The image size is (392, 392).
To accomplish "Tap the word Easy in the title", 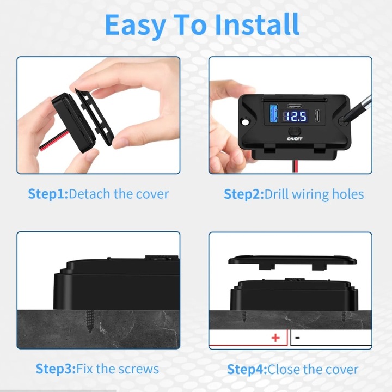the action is pyautogui.click(x=135, y=26).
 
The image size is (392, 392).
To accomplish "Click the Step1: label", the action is pyautogui.click(x=48, y=194).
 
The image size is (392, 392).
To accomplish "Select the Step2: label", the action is pyautogui.click(x=244, y=194).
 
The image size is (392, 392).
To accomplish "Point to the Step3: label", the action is pyautogui.click(x=56, y=369).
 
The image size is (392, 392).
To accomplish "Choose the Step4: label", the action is pyautogui.click(x=247, y=370).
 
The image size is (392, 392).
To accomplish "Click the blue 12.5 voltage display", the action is pyautogui.click(x=296, y=117).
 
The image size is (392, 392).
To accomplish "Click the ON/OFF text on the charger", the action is pyautogui.click(x=295, y=139).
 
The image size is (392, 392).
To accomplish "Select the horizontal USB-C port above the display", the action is pyautogui.click(x=295, y=106).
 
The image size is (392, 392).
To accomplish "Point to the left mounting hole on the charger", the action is pyautogui.click(x=246, y=122).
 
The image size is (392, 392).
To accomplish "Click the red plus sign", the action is pyautogui.click(x=275, y=338).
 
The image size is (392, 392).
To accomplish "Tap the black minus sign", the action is pyautogui.click(x=297, y=338).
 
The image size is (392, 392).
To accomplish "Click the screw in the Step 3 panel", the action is pyautogui.click(x=90, y=322).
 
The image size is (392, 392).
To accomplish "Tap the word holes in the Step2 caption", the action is pyautogui.click(x=348, y=194).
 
